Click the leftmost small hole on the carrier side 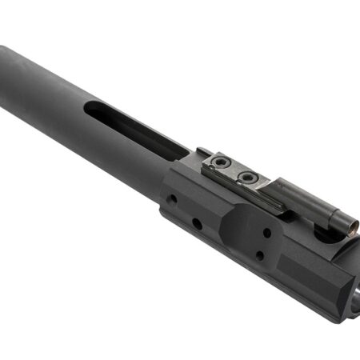tap(171, 197)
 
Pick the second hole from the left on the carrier tap(197, 222)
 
